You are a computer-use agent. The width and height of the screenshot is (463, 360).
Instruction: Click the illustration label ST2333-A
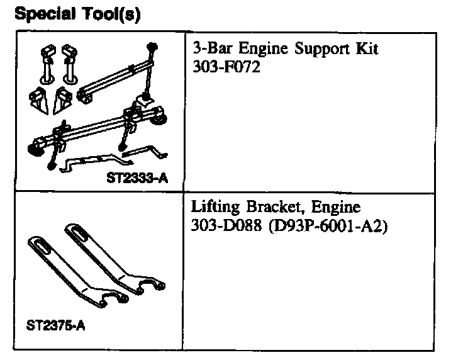[x=137, y=177]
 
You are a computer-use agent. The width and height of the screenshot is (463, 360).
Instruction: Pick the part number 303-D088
[x=225, y=224]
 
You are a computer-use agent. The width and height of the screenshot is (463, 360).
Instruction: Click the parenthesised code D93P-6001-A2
[x=327, y=224]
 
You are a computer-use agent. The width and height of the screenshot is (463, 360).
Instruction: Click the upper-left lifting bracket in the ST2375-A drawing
[x=63, y=264]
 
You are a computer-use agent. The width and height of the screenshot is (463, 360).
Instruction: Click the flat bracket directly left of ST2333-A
[x=88, y=164]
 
